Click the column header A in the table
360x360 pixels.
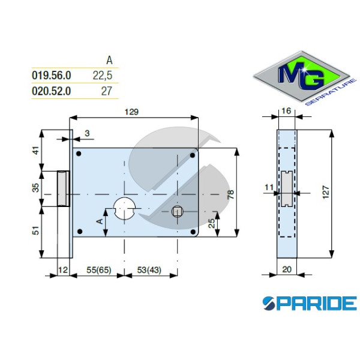[109, 60]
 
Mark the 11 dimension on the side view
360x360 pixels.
[268, 187]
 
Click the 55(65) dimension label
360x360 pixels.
[96, 270]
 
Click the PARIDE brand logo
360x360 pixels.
[309, 303]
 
